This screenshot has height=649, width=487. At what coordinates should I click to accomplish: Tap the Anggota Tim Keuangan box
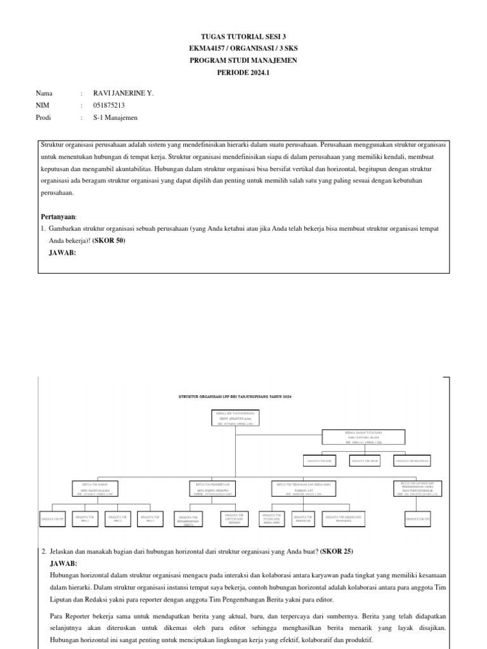[412, 461]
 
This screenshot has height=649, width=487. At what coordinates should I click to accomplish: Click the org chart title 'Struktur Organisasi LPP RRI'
[235, 396]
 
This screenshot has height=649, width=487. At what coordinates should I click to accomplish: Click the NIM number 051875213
[109, 105]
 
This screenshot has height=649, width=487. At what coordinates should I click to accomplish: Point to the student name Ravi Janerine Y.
[123, 93]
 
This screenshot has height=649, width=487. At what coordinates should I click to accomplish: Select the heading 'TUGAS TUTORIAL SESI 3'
[243, 37]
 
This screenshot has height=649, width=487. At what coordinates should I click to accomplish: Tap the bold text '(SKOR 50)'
[109, 241]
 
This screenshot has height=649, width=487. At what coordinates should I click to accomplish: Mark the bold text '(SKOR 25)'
[336, 551]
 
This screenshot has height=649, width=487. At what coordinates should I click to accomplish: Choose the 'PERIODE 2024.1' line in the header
[243, 72]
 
